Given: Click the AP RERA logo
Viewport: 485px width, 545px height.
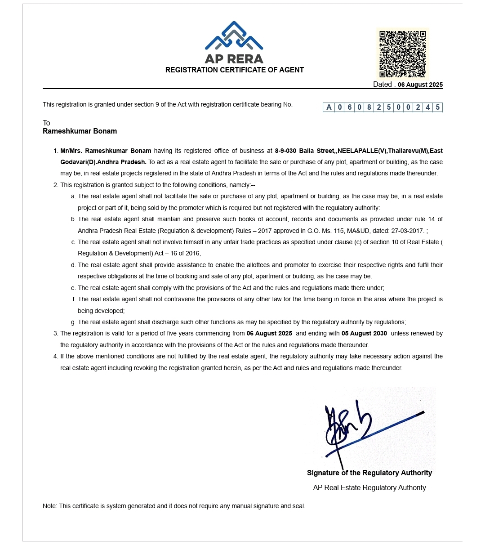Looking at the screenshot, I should tap(234, 42).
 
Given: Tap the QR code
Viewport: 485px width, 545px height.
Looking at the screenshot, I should tap(402, 54).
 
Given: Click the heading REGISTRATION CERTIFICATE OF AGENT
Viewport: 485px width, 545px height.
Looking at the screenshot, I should tap(234, 70).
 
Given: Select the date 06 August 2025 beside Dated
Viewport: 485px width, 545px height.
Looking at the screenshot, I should tap(420, 85).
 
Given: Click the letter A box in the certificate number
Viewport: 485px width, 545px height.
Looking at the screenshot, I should tap(329, 107).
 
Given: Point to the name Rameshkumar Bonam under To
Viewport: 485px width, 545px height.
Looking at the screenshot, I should tap(80, 131).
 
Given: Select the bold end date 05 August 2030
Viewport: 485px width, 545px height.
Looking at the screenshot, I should tap(364, 334).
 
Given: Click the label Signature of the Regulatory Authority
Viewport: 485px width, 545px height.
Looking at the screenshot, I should tap(369, 473).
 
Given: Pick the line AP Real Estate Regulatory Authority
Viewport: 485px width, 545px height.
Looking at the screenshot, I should tap(369, 488).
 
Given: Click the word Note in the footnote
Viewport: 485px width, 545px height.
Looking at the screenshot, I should tap(49, 506).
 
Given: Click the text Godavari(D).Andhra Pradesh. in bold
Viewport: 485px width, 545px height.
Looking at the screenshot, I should tap(103, 162).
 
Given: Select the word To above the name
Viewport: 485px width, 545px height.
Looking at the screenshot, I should tap(46, 123).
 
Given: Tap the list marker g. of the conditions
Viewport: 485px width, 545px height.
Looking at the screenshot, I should tap(73, 322).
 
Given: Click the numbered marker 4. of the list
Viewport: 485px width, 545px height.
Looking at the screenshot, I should tap(56, 357).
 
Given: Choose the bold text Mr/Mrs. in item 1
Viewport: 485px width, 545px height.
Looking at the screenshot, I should tap(71, 151).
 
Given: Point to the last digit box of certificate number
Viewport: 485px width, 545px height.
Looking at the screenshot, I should tap(437, 107).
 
